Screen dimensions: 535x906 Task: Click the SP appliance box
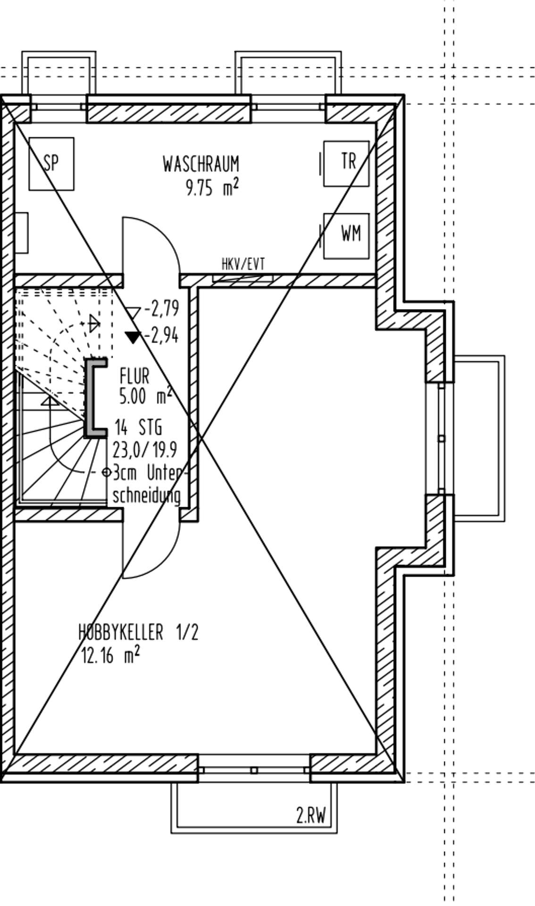point(51,164)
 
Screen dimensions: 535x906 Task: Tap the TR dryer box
point(346,163)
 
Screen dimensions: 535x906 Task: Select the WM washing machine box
point(346,236)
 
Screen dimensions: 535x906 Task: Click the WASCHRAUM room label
point(201,164)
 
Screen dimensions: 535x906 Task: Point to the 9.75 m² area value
point(212,188)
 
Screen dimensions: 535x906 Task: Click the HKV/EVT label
point(243,264)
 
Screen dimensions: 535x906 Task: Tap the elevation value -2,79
point(162,309)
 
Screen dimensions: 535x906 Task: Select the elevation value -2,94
point(162,336)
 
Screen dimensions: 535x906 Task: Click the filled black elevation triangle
point(133,336)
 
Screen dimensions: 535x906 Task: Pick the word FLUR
point(134,377)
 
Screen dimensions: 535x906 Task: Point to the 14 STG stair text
point(138,428)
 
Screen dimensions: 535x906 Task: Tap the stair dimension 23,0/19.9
point(145,450)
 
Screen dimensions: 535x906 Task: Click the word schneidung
point(147,496)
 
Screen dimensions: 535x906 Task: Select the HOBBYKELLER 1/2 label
point(139,632)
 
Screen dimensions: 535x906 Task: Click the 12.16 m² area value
point(111,655)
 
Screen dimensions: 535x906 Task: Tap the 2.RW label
point(311,815)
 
